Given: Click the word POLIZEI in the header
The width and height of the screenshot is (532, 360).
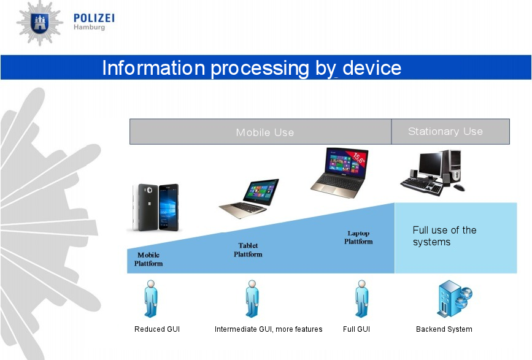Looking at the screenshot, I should pyautogui.click(x=93, y=18).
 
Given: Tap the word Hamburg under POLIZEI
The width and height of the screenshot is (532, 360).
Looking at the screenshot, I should pyautogui.click(x=89, y=28).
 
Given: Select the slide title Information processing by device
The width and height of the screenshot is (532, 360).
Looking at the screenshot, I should pyautogui.click(x=252, y=67).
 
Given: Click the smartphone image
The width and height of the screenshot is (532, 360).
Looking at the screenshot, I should pyautogui.click(x=154, y=207).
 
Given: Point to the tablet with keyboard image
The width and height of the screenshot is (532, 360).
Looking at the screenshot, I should pyautogui.click(x=250, y=197).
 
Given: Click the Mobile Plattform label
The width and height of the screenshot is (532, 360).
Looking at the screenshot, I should pyautogui.click(x=148, y=259).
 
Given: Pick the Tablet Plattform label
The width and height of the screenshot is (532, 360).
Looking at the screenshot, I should pyautogui.click(x=248, y=250).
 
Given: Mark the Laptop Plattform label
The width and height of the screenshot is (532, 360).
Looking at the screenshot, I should pyautogui.click(x=358, y=237).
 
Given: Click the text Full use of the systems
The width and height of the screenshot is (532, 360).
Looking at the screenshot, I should pyautogui.click(x=444, y=236).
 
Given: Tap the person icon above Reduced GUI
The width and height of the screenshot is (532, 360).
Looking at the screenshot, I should pyautogui.click(x=151, y=299).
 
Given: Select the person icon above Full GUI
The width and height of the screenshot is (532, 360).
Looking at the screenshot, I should pyautogui.click(x=361, y=299).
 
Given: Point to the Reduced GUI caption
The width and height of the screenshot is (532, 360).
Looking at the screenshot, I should pyautogui.click(x=157, y=329).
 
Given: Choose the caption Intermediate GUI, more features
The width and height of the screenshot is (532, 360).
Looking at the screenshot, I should pyautogui.click(x=268, y=329).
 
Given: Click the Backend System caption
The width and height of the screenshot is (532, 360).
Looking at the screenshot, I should pyautogui.click(x=444, y=329).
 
